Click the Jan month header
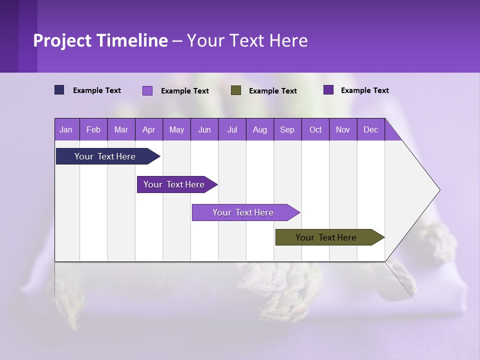click(x=66, y=129)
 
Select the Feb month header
click(x=93, y=129)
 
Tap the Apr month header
click(x=148, y=129)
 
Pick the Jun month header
click(x=204, y=129)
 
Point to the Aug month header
click(x=259, y=129)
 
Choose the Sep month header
click(x=287, y=129)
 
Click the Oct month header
click(x=315, y=129)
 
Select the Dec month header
click(x=370, y=129)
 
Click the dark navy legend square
click(x=59, y=90)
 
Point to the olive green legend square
click(x=236, y=90)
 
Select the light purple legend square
click(x=147, y=90)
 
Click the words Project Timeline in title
click(x=100, y=40)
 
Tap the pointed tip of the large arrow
click(x=438, y=190)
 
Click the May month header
click(x=176, y=129)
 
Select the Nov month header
click(x=343, y=129)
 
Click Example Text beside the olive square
click(x=272, y=91)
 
